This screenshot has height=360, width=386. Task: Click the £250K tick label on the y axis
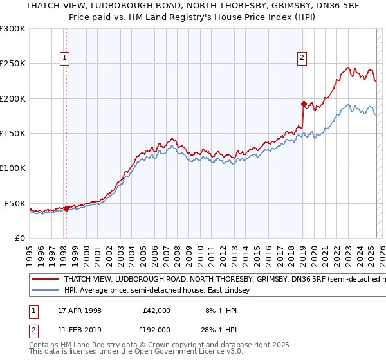(x=13, y=64)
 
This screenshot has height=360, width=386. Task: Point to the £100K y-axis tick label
(x=13, y=168)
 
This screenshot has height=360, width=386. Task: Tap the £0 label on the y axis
(x=19, y=238)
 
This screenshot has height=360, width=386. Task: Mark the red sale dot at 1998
(x=66, y=208)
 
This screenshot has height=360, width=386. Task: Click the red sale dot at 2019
(x=303, y=104)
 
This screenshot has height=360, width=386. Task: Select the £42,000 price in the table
(x=156, y=310)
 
